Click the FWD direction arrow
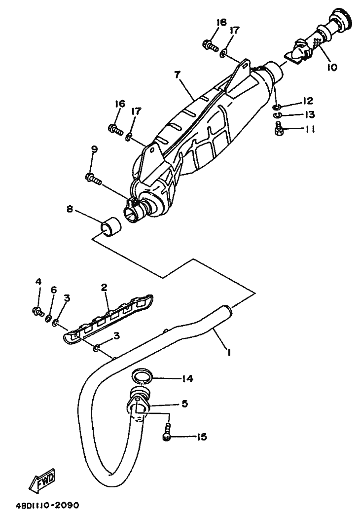[42, 481]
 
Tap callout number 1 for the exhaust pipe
[228, 352]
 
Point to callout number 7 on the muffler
[177, 74]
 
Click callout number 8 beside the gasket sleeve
[70, 209]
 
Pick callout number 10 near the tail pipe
[331, 67]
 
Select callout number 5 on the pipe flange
[184, 403]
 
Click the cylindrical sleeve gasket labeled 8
[110, 226]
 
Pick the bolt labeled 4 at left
[37, 311]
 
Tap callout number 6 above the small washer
[54, 290]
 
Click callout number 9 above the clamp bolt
[94, 149]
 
